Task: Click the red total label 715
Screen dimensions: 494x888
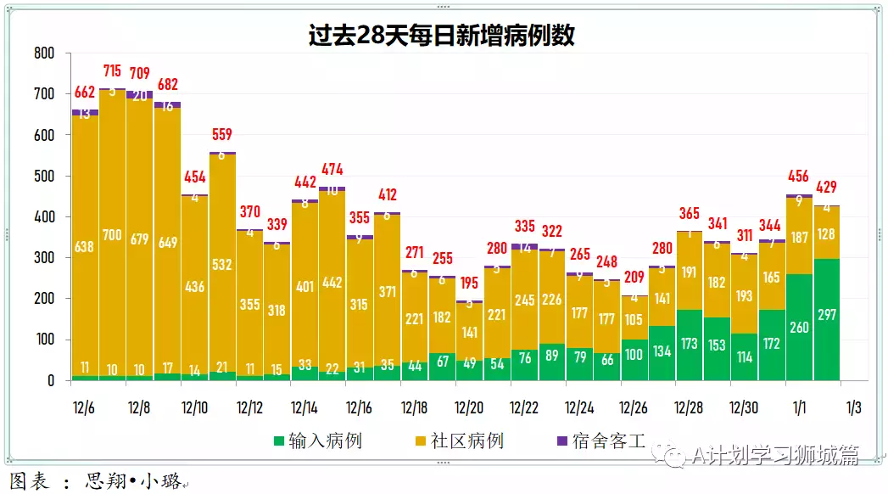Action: (x=113, y=70)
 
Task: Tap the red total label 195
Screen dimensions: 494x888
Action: (x=469, y=282)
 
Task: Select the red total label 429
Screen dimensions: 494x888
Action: (x=827, y=187)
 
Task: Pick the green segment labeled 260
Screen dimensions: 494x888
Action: (x=799, y=327)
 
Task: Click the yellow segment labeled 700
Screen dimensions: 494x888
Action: (x=113, y=235)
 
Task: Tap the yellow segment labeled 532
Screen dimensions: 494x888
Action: (x=222, y=265)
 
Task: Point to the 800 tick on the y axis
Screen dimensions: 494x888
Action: (x=44, y=53)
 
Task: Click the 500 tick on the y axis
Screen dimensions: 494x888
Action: (x=44, y=177)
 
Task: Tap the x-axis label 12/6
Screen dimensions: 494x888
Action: (x=85, y=407)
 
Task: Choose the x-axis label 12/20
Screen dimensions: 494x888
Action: (x=469, y=407)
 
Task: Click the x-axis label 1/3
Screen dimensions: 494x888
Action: (x=853, y=407)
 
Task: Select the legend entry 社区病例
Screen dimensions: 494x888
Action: (x=466, y=441)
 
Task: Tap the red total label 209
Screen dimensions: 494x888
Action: (x=634, y=276)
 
